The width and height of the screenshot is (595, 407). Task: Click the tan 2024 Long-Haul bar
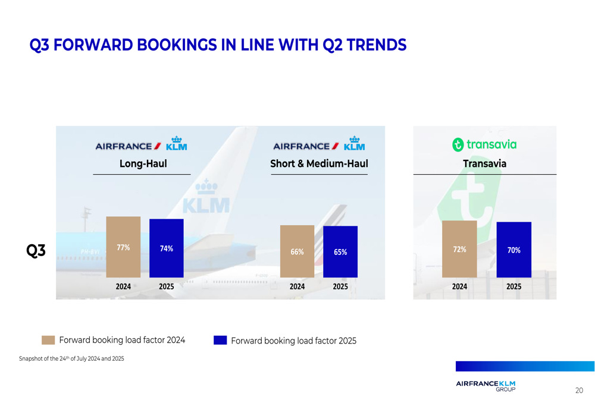click(123, 247)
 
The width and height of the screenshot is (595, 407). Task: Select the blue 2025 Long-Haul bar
click(167, 248)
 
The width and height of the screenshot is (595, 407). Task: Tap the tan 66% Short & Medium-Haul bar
click(297, 251)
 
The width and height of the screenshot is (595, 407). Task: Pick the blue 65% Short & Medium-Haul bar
click(340, 252)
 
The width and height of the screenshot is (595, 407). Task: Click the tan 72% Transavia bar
click(459, 249)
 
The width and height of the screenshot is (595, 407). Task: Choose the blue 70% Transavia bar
click(513, 250)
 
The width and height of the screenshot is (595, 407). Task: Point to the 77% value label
click(123, 248)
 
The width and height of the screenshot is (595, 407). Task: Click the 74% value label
click(167, 249)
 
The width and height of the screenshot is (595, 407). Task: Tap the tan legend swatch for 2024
click(48, 340)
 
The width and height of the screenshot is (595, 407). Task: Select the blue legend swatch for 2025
click(220, 340)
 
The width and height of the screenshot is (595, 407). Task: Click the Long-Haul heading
click(143, 164)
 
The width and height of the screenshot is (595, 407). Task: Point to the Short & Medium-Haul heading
click(319, 164)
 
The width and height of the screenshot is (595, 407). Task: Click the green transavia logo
click(484, 144)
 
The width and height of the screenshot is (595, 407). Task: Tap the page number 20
click(579, 390)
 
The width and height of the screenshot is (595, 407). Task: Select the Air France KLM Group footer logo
click(486, 386)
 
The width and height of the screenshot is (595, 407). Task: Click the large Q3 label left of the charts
click(36, 251)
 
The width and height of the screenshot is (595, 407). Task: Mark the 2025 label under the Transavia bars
click(513, 286)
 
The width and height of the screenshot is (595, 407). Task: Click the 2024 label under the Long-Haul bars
click(123, 286)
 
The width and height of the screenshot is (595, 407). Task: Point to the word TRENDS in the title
click(377, 45)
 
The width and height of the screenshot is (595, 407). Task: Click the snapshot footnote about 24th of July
click(71, 359)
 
